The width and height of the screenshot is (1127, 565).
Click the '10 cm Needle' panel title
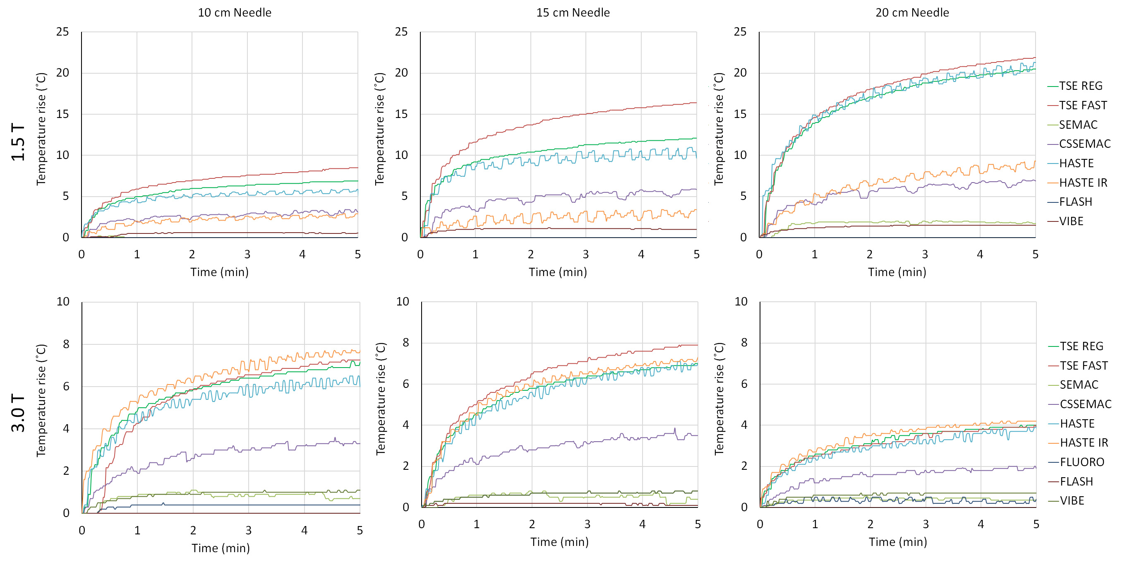(x=235, y=13)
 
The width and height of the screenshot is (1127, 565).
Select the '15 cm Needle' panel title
(x=573, y=13)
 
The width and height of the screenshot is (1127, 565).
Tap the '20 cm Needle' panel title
(x=912, y=13)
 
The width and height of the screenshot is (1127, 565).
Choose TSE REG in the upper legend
(x=1081, y=86)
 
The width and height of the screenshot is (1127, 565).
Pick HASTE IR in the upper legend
(x=1083, y=183)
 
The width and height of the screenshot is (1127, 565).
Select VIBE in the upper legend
(x=1071, y=221)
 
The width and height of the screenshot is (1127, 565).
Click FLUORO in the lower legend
(x=1082, y=462)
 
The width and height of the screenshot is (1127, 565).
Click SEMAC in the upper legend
(x=1078, y=125)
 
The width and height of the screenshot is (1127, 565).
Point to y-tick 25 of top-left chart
(x=62, y=32)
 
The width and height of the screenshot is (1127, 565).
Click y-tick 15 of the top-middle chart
(x=401, y=114)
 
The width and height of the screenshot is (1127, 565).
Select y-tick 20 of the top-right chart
(x=740, y=73)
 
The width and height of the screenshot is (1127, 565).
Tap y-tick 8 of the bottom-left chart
(x=66, y=344)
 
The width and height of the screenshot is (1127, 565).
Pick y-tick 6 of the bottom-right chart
(x=744, y=384)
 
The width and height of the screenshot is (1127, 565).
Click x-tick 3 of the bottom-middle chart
(x=587, y=524)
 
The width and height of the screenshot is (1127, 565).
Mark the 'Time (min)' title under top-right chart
(x=897, y=272)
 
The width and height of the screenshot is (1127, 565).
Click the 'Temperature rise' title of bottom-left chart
(x=41, y=400)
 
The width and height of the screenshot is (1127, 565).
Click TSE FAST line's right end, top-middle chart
(x=696, y=103)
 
